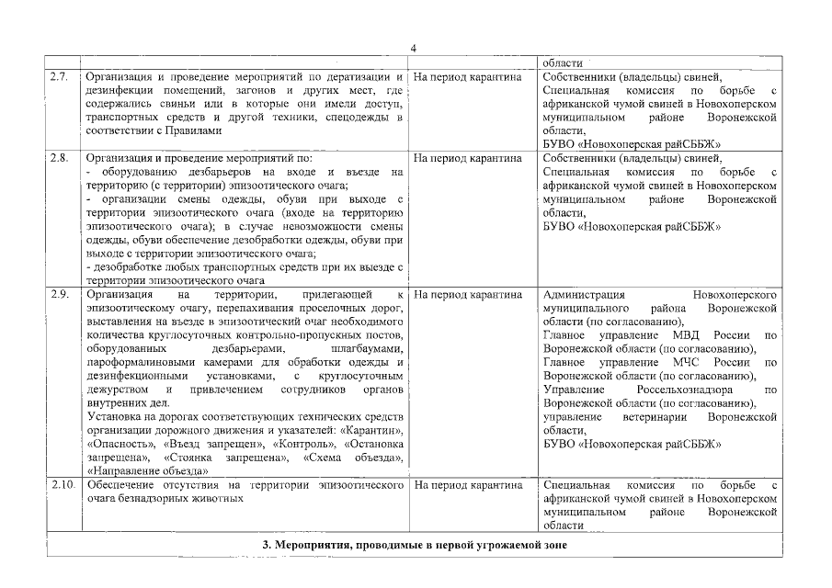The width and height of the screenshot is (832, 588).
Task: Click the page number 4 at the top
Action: pyautogui.click(x=414, y=48)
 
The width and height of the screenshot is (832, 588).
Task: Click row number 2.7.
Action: pyautogui.click(x=59, y=76)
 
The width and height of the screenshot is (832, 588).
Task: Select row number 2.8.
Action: pyautogui.click(x=59, y=158)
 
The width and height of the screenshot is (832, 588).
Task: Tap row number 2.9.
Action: pyautogui.click(x=59, y=294)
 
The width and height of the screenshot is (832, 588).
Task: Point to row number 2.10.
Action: pyautogui.click(x=61, y=484)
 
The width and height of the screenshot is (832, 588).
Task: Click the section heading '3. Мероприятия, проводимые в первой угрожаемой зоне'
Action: pyautogui.click(x=414, y=545)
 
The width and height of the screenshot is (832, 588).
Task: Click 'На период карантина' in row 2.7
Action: pyautogui.click(x=468, y=76)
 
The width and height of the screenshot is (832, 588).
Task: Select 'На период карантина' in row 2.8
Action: pyautogui.click(x=468, y=158)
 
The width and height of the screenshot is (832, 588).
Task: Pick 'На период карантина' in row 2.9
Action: pyautogui.click(x=468, y=294)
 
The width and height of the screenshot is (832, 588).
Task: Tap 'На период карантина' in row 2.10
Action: pyautogui.click(x=468, y=484)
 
